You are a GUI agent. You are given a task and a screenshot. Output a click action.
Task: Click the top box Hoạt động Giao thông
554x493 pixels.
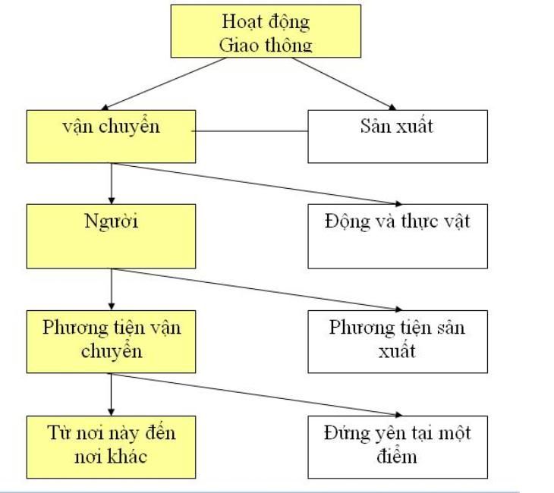coord(265,31)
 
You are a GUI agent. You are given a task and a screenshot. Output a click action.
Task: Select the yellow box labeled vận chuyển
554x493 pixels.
coord(111,136)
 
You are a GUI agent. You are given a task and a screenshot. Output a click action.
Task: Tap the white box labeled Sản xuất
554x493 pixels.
coord(397,136)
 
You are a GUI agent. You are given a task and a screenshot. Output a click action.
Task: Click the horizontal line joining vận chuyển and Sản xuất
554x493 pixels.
coord(251,132)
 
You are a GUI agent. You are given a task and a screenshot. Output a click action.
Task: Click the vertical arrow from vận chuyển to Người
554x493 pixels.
coord(112,182)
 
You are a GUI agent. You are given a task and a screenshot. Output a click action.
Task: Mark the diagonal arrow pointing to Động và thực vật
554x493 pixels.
coord(258,184)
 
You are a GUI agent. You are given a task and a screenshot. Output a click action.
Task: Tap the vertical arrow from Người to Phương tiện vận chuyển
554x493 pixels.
coord(112,287)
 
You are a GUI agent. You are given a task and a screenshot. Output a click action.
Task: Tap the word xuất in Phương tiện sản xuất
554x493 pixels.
coord(396,352)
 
